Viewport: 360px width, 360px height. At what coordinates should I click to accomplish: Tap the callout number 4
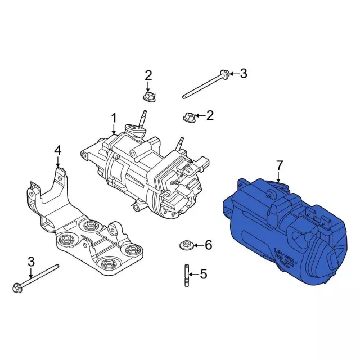click(57, 150)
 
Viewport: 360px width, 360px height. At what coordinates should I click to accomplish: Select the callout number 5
click(204, 274)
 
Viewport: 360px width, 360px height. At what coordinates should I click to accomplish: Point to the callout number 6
click(208, 245)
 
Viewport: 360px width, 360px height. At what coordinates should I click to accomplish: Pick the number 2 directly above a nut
click(148, 75)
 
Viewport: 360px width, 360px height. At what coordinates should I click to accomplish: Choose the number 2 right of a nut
click(210, 116)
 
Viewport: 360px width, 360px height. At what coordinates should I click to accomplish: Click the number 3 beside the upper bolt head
click(243, 73)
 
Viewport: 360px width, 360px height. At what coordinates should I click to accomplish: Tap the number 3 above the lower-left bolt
click(31, 262)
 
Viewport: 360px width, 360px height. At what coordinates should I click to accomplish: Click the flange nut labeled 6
click(185, 245)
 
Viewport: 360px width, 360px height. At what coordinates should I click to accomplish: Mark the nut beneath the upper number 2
click(149, 97)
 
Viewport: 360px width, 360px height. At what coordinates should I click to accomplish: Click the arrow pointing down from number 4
click(57, 162)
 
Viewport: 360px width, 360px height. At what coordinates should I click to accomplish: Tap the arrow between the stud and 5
click(193, 274)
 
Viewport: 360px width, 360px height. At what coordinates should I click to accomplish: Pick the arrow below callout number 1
click(113, 130)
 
